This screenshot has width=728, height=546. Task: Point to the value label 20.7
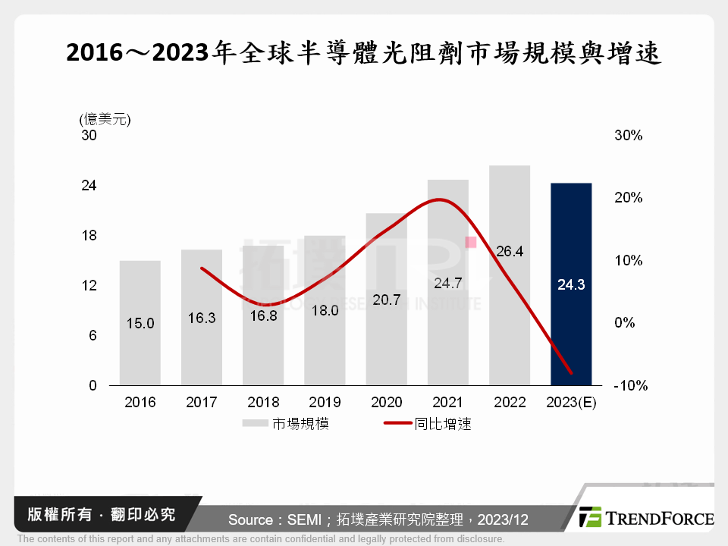(386, 300)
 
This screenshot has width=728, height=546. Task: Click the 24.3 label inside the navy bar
(570, 286)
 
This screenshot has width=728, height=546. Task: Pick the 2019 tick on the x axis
(325, 403)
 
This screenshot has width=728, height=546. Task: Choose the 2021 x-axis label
(447, 403)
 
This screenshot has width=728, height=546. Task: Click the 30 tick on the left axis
(89, 136)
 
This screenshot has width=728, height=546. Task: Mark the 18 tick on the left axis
(89, 236)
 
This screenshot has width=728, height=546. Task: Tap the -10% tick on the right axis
(629, 385)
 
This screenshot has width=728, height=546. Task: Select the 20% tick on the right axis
(628, 198)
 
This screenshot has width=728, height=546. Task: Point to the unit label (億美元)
(105, 119)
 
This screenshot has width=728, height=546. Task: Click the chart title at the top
(364, 53)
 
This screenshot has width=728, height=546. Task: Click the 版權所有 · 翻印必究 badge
(96, 515)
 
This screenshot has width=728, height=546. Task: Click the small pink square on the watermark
(470, 242)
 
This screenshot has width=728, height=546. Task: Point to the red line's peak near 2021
(441, 199)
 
